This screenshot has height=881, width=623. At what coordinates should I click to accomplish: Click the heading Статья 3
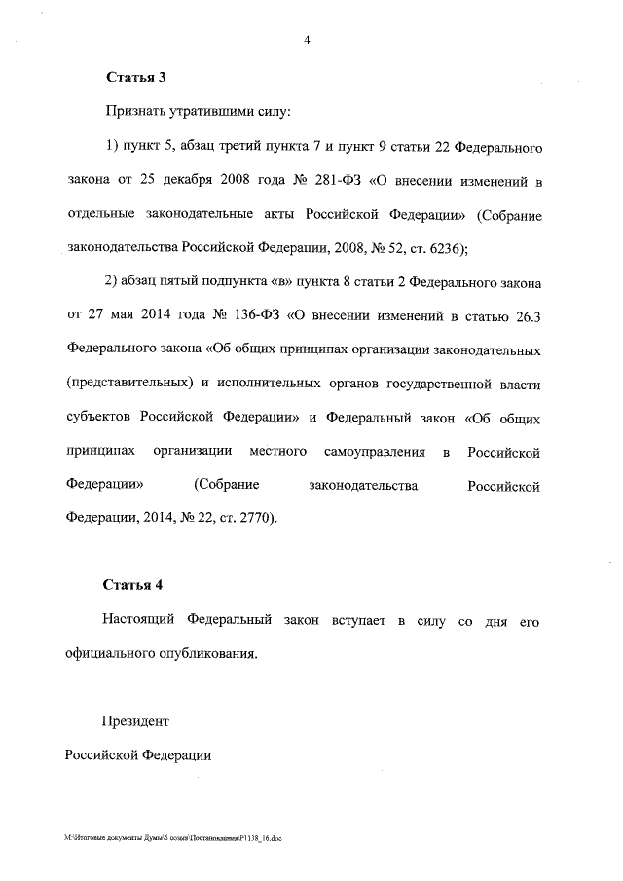click(x=132, y=77)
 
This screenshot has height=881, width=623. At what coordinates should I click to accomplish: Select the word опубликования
click(x=210, y=654)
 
